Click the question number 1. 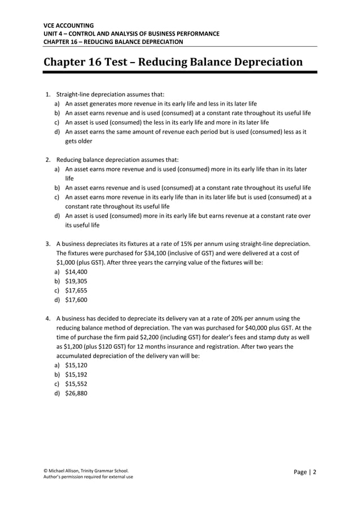coord(48,95)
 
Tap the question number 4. coord(48,318)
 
